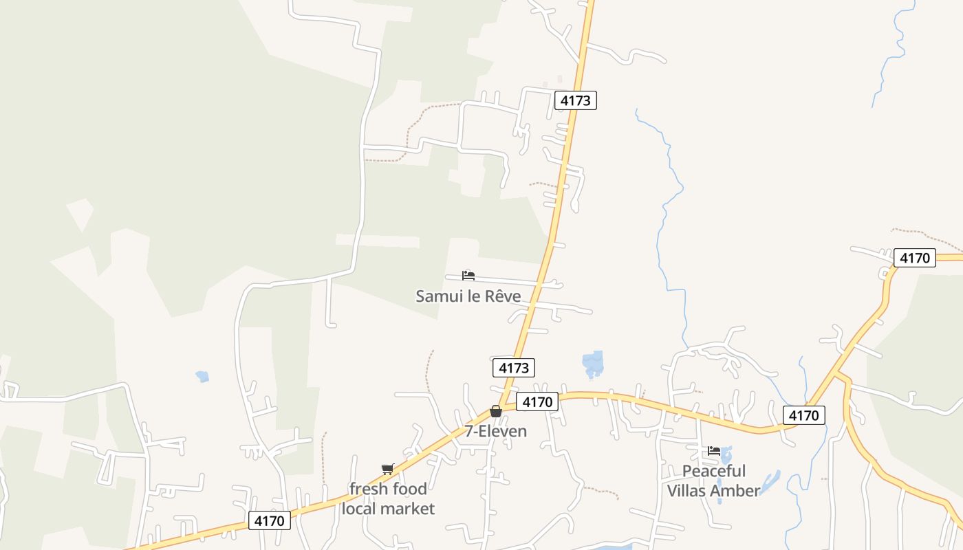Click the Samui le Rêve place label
(468, 296)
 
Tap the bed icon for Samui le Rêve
(468, 276)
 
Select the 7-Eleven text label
(495, 432)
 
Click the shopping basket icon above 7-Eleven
(495, 411)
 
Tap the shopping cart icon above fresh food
(388, 469)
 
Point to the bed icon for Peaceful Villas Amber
(714, 451)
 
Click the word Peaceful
(714, 472)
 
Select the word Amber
(737, 491)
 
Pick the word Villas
(689, 491)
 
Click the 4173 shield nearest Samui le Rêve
(514, 368)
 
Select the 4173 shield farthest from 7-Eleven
(575, 100)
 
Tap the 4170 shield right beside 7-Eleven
(537, 402)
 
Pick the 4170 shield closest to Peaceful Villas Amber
(803, 415)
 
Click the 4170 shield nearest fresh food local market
(269, 520)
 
